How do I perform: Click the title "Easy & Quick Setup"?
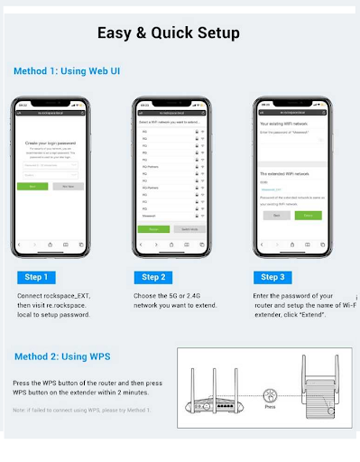coord(168,33)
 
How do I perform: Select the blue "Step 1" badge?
coord(37,277)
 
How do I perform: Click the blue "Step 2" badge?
coord(152,277)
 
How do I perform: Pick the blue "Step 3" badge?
coord(272,277)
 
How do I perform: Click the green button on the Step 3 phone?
coord(308,216)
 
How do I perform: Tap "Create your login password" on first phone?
coord(51,144)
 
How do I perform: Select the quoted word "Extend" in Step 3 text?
coord(306,316)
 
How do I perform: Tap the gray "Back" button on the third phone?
coord(273,216)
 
